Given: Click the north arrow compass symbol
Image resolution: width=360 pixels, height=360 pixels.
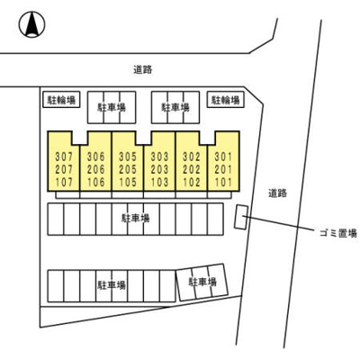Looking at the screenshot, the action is click(31, 24).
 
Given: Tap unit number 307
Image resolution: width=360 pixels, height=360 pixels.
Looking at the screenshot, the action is click(64, 157).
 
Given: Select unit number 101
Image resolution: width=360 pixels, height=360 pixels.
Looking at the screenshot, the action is click(223, 182).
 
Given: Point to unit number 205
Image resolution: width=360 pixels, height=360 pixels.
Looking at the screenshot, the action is click(128, 169).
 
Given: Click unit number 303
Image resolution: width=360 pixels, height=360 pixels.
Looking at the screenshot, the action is click(159, 157).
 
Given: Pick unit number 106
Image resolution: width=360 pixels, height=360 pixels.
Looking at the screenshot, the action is click(95, 182).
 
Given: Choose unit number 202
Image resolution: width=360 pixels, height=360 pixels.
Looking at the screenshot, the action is click(192, 169).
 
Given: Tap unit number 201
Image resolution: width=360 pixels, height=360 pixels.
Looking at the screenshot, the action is click(223, 169).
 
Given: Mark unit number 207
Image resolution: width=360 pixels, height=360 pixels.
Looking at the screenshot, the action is click(64, 169).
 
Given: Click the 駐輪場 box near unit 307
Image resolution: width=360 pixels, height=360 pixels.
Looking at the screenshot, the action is click(61, 100).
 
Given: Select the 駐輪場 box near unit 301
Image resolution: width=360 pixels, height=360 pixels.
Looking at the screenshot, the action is click(226, 100).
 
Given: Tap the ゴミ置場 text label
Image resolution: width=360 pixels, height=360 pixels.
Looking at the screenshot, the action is click(337, 233).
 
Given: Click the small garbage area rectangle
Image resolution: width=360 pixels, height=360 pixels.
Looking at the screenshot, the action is click(241, 218).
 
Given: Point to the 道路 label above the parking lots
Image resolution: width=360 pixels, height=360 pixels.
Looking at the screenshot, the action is click(143, 70).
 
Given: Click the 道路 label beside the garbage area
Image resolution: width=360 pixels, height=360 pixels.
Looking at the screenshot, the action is click(277, 193).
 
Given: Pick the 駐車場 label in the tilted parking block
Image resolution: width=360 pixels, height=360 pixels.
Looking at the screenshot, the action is click(202, 282).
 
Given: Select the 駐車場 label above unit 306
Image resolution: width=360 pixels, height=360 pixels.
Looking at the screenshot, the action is click(112, 107).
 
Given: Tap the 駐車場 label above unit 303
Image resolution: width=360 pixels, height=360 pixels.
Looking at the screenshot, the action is click(175, 107).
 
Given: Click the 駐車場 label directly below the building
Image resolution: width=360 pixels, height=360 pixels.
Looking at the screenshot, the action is click(135, 218).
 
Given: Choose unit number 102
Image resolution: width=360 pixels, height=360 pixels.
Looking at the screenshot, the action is click(192, 182).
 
